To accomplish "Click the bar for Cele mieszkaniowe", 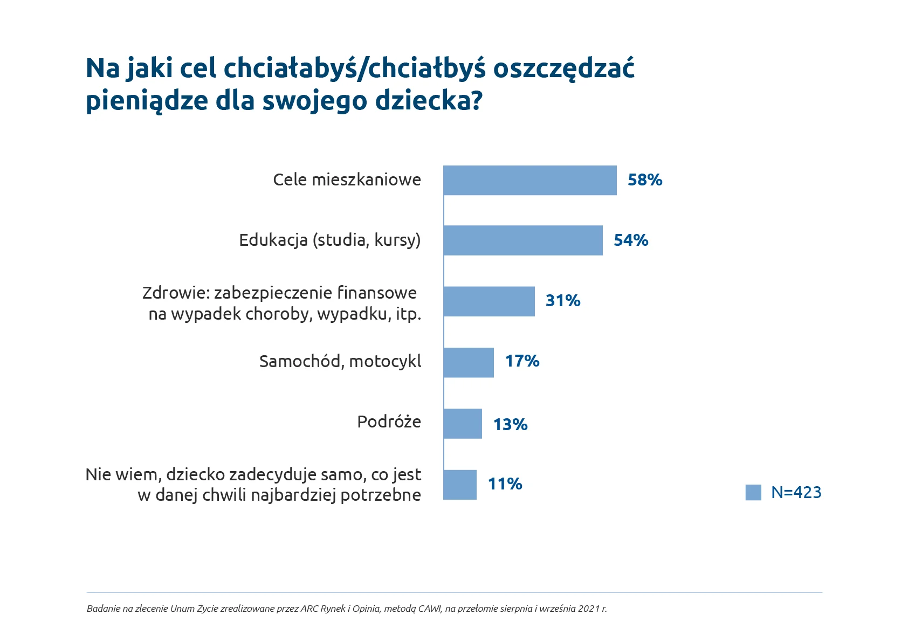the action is click(x=530, y=181).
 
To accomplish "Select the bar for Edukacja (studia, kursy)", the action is click(x=523, y=240).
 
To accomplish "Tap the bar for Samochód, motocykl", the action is click(x=469, y=362).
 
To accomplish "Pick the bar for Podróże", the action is click(x=463, y=424).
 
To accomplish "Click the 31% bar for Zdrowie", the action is click(x=489, y=301).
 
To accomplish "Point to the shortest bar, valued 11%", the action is click(x=460, y=485).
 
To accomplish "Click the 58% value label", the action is click(x=645, y=180).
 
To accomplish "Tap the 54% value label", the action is click(x=631, y=240).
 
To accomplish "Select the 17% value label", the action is click(x=522, y=361).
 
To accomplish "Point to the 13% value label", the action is click(x=510, y=424).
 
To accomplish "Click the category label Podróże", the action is click(x=389, y=422).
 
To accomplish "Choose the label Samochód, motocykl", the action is click(x=340, y=361).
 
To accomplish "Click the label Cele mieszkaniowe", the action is click(x=347, y=180).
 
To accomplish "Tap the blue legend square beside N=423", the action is click(x=753, y=493).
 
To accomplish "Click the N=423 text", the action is click(x=796, y=492).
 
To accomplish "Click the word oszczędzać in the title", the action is click(x=563, y=68).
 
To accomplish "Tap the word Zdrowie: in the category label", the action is click(x=176, y=293).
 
